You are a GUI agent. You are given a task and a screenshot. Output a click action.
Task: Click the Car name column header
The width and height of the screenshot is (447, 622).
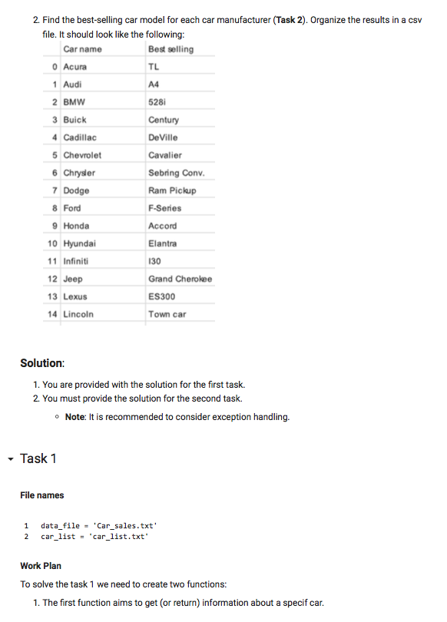tap(82, 49)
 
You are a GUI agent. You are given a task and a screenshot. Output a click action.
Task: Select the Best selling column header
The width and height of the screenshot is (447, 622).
tap(171, 49)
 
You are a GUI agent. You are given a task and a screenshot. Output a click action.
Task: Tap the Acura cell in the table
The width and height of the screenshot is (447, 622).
tap(74, 67)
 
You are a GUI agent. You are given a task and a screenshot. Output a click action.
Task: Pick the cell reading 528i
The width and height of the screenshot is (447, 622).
tap(157, 102)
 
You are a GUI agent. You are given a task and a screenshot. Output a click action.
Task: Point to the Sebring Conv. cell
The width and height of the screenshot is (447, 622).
tap(176, 173)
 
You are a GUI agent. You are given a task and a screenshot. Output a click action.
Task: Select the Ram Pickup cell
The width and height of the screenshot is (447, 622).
tap(172, 190)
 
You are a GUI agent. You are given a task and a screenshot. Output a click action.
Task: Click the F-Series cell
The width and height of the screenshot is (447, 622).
tap(165, 208)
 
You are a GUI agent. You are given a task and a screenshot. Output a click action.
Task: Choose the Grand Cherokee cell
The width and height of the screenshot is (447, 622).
tap(180, 279)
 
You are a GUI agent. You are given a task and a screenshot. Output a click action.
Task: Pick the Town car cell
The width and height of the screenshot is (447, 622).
tap(167, 314)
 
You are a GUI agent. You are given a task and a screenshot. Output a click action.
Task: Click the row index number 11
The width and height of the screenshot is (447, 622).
tap(52, 261)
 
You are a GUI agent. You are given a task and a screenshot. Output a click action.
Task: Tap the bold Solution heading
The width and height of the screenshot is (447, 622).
tap(42, 362)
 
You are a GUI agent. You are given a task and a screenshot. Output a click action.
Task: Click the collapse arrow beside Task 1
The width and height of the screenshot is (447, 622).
tap(8, 458)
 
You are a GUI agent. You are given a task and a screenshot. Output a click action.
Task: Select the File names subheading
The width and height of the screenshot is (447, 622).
tap(42, 495)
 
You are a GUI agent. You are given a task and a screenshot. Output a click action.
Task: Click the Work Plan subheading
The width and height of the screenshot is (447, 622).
tap(41, 566)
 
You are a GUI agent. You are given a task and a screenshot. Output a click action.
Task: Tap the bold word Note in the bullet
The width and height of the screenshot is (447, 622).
tap(74, 417)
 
